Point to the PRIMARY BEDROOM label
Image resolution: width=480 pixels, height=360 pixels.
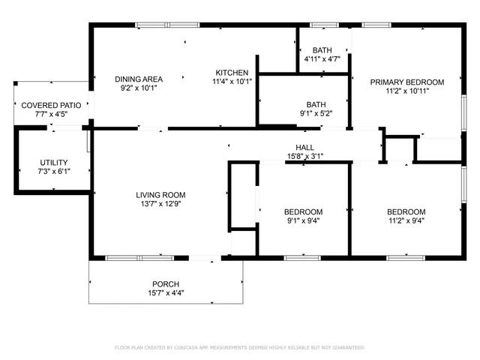pyautogui.click(x=406, y=82)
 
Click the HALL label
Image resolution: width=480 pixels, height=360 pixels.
pyautogui.click(x=304, y=148)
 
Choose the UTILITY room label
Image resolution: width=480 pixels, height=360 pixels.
pyautogui.click(x=54, y=163)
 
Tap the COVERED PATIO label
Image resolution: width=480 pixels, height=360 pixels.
pyautogui.click(x=51, y=106)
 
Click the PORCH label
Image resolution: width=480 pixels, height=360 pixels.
pyautogui.click(x=166, y=284)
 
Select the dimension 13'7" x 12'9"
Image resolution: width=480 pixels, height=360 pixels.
pyautogui.click(x=160, y=203)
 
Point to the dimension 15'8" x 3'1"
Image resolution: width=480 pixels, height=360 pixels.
pyautogui.click(x=304, y=157)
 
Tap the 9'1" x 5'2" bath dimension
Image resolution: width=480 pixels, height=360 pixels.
pyautogui.click(x=316, y=113)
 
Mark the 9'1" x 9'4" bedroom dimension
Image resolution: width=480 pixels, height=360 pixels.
pyautogui.click(x=304, y=220)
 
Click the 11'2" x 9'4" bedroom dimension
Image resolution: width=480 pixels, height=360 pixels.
pyautogui.click(x=406, y=220)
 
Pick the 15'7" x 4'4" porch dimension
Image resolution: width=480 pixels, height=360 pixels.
pyautogui.click(x=166, y=293)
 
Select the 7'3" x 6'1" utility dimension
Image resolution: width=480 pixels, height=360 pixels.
pyautogui.click(x=54, y=172)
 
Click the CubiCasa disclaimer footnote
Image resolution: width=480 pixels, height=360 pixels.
pyautogui.click(x=239, y=347)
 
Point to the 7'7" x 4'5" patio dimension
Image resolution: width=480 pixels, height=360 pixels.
pyautogui.click(x=51, y=115)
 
